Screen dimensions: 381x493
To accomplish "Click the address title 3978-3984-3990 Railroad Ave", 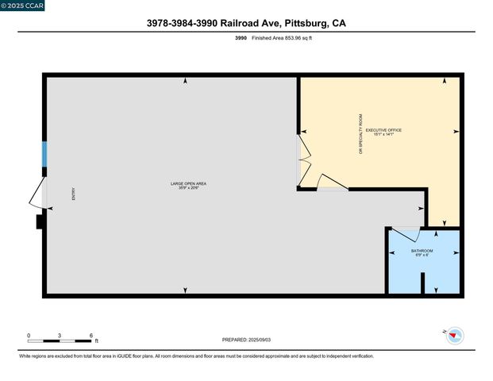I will coord(245,23).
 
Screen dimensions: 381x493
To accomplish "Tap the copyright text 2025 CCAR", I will coord(23,6).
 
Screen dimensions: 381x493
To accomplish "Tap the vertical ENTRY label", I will coord(74,193).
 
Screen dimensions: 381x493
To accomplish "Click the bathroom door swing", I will coord(406,233).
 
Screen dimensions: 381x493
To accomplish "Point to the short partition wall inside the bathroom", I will coord(422,283).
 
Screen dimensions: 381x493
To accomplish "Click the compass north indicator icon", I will coord(454,336).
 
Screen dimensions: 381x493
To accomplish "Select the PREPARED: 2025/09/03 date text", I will coord(246,340).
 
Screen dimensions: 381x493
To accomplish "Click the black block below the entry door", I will coord(39,222).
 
